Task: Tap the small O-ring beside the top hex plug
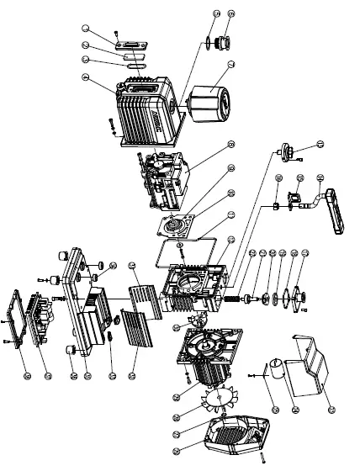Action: [x=205, y=43]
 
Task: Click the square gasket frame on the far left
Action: [x=24, y=320]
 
